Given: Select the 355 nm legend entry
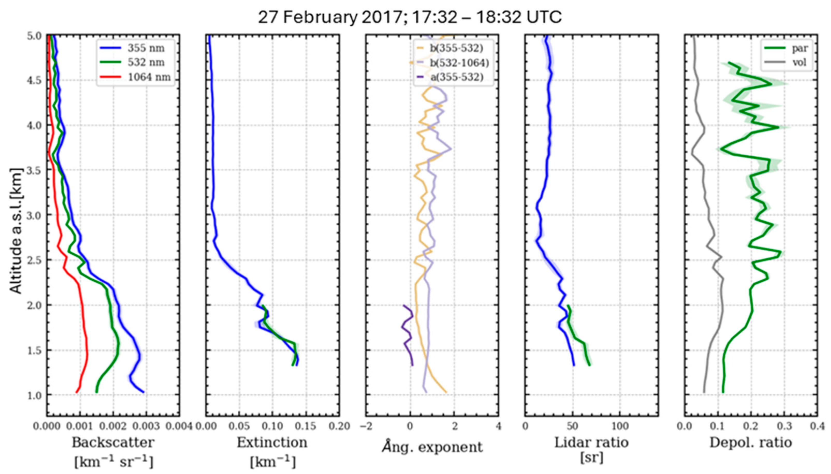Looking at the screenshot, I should click(145, 48).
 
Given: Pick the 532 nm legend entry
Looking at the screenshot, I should click(145, 62).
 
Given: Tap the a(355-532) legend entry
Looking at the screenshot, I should click(457, 77).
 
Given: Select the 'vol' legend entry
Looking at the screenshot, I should click(799, 62).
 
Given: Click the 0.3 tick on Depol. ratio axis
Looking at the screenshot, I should click(784, 426).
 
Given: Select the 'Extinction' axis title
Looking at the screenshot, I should click(272, 443).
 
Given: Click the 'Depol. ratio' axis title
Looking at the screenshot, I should click(751, 443).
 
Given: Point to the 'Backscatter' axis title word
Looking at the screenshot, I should click(113, 443).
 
